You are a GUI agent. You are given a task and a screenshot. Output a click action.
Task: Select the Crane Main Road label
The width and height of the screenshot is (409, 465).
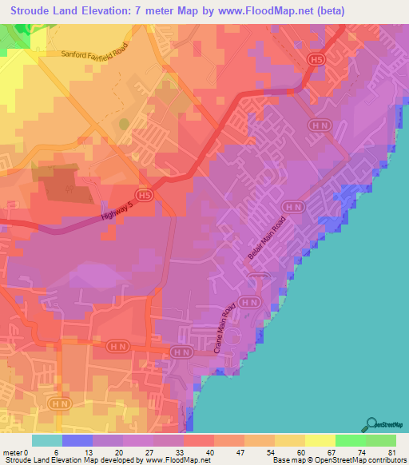click(x=226, y=328)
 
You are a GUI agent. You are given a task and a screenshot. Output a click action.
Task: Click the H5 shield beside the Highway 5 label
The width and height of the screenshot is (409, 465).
click(x=144, y=194)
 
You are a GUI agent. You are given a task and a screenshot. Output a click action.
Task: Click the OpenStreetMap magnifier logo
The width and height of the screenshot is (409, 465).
click(x=372, y=423)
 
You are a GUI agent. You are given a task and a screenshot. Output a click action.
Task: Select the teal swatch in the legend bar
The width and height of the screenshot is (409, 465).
click(x=47, y=440)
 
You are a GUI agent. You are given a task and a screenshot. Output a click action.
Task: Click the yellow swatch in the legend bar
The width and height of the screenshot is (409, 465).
click(x=290, y=440)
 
